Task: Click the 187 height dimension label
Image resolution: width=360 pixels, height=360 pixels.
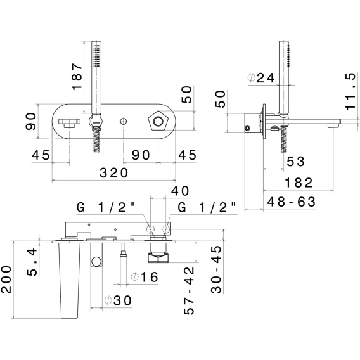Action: (x=77, y=77)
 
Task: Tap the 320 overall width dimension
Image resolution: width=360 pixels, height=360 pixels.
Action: (x=113, y=172)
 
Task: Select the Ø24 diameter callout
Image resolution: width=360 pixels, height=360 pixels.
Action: (x=261, y=78)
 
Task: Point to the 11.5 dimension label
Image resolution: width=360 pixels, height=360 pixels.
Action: (x=352, y=91)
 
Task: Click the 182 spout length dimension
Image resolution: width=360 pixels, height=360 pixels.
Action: (x=299, y=183)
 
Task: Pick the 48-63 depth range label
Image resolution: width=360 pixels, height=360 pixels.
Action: (x=292, y=202)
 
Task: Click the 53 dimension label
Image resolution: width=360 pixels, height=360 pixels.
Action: (x=296, y=162)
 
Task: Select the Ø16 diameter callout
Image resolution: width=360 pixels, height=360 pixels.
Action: (x=145, y=277)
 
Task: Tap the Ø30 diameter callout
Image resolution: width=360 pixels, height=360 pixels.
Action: (x=119, y=300)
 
